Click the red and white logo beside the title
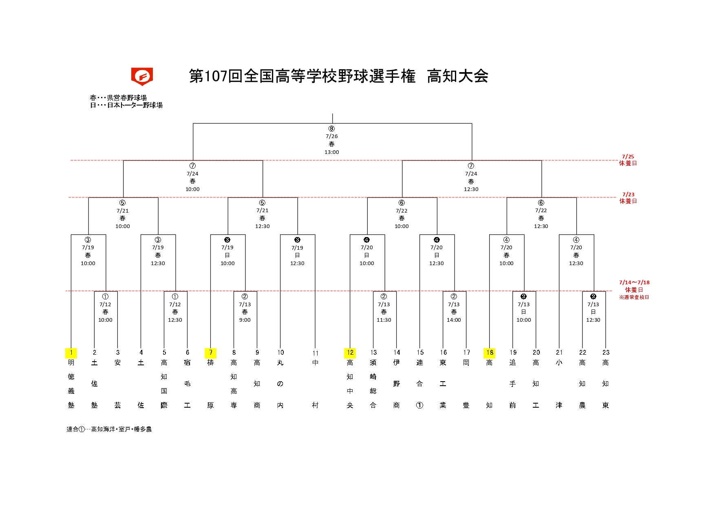(x=142, y=77)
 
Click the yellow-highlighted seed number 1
(x=71, y=353)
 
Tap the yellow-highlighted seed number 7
(x=211, y=353)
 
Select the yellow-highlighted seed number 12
(x=350, y=353)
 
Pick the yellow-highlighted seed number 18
(x=490, y=353)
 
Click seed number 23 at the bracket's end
(x=606, y=353)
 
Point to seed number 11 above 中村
(x=316, y=353)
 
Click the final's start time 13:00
(x=332, y=152)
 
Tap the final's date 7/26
(x=332, y=136)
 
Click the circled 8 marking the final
(x=332, y=129)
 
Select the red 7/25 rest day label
(x=628, y=156)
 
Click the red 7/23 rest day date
(x=629, y=194)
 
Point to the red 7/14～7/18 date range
(x=634, y=282)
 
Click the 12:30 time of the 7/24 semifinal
(x=471, y=189)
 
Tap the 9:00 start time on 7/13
(x=245, y=320)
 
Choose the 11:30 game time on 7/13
(x=384, y=320)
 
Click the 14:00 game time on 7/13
(x=454, y=320)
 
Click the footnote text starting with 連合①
(x=109, y=429)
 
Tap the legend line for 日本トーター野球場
(x=126, y=105)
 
